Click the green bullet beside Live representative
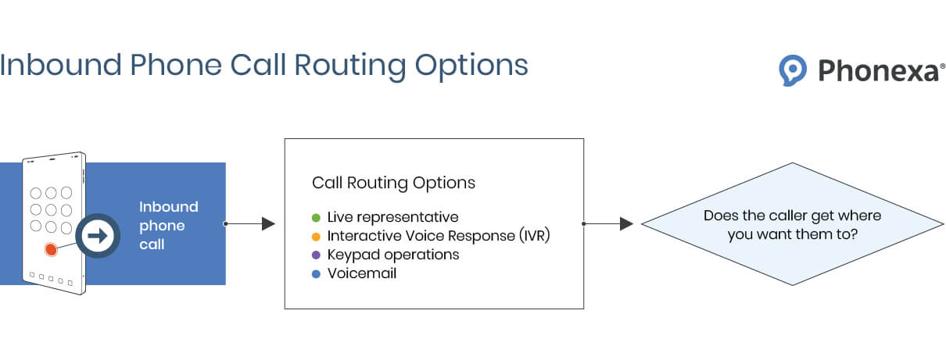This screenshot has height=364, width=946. (316, 218)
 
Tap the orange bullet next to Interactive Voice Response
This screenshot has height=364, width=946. (316, 237)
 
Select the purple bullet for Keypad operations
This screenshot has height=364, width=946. (316, 255)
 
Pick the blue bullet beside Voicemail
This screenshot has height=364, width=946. (316, 274)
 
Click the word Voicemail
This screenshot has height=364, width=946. (362, 273)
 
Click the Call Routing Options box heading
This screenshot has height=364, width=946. (393, 183)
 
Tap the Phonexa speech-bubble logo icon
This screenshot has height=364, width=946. (792, 70)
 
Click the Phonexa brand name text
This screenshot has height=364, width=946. (879, 70)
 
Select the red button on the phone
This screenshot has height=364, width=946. (51, 250)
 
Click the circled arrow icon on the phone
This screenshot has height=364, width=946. (98, 236)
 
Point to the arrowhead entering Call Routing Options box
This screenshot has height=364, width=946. (268, 223)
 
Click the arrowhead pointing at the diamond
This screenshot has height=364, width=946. (626, 223)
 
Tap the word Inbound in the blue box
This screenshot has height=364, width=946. (169, 207)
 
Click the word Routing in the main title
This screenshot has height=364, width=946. (349, 66)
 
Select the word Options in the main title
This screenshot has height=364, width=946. (471, 66)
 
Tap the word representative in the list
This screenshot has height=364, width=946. (407, 218)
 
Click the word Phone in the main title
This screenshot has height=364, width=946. (176, 65)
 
